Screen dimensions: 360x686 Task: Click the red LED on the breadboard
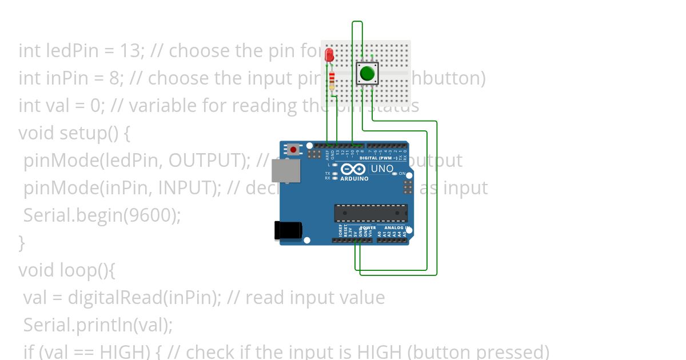coord(329,55)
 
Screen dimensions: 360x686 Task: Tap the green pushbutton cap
coord(367,73)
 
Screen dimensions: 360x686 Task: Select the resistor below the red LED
coord(332,82)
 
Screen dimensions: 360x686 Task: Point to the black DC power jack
coord(288,230)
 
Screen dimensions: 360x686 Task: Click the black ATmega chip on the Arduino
coord(370,213)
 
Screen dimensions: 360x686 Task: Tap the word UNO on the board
coord(382,169)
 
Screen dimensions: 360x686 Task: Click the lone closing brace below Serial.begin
coord(22,243)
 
